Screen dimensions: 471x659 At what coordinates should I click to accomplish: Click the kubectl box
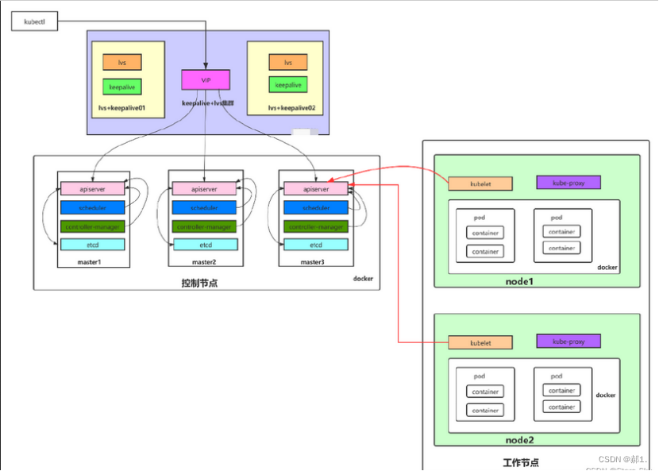coord(34,21)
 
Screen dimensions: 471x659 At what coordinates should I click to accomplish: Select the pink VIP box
coord(206,79)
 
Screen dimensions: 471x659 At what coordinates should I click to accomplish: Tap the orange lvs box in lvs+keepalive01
coord(121,62)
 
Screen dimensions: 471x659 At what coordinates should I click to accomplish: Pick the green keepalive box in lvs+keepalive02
coord(288,85)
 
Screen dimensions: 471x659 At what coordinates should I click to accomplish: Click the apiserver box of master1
coord(93,189)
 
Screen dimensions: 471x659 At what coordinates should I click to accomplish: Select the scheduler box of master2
coord(205,208)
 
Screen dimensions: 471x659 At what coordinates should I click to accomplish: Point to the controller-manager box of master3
coord(316,226)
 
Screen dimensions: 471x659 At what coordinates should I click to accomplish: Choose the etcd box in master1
coord(93,245)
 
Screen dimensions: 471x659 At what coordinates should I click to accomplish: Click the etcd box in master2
coord(205,245)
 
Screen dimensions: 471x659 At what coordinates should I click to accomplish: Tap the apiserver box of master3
coord(316,189)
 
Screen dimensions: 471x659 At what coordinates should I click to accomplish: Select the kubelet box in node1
coord(480,183)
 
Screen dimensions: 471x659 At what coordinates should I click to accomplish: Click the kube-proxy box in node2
coord(568,342)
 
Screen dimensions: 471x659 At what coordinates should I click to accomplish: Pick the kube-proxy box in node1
coord(568,183)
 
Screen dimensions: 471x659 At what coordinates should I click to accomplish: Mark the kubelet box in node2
coord(480,343)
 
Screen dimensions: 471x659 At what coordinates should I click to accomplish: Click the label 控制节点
coord(199,283)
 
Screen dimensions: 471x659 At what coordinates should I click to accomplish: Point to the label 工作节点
coord(521,461)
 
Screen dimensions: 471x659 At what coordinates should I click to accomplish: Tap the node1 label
coord(519,282)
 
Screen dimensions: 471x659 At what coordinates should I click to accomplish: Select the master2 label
coord(204,262)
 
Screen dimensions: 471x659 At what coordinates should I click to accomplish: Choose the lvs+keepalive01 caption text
coord(127,107)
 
